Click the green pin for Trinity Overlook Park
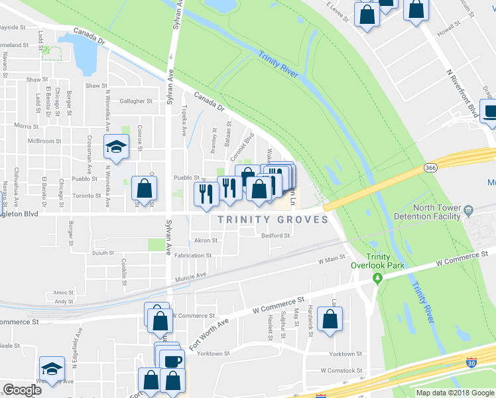point(378,280)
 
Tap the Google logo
point(22,389)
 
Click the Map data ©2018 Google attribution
point(454,392)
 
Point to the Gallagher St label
point(137,101)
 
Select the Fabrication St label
point(194,255)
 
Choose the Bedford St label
point(275,235)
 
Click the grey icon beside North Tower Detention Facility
point(469,210)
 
